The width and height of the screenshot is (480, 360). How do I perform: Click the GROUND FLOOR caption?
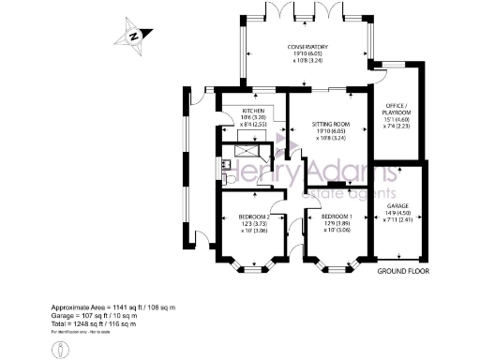click(403, 272)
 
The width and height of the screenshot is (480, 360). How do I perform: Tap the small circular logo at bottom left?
click(60, 349)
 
